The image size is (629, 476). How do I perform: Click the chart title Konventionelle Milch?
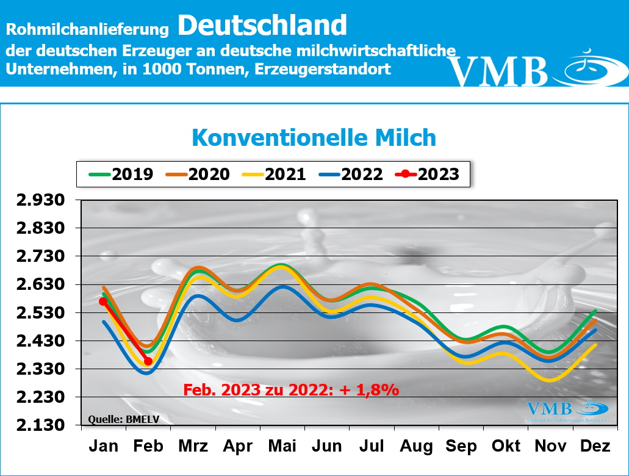tap(314, 137)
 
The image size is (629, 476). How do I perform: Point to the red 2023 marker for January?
tap(104, 301)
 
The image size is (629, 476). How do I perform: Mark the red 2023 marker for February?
tap(148, 361)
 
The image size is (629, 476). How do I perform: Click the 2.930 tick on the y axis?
tap(39, 200)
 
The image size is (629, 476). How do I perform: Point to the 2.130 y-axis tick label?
tap(39, 425)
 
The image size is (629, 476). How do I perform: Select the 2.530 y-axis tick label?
tap(39, 313)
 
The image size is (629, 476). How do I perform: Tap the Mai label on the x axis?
tap(282, 446)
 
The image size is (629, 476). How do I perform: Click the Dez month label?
tap(595, 446)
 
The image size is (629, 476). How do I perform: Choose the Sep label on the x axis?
tap(461, 446)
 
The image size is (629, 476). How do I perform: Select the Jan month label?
tap(104, 446)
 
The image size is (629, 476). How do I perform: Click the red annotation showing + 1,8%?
tap(292, 389)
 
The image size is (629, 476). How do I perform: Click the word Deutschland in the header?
tap(263, 26)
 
